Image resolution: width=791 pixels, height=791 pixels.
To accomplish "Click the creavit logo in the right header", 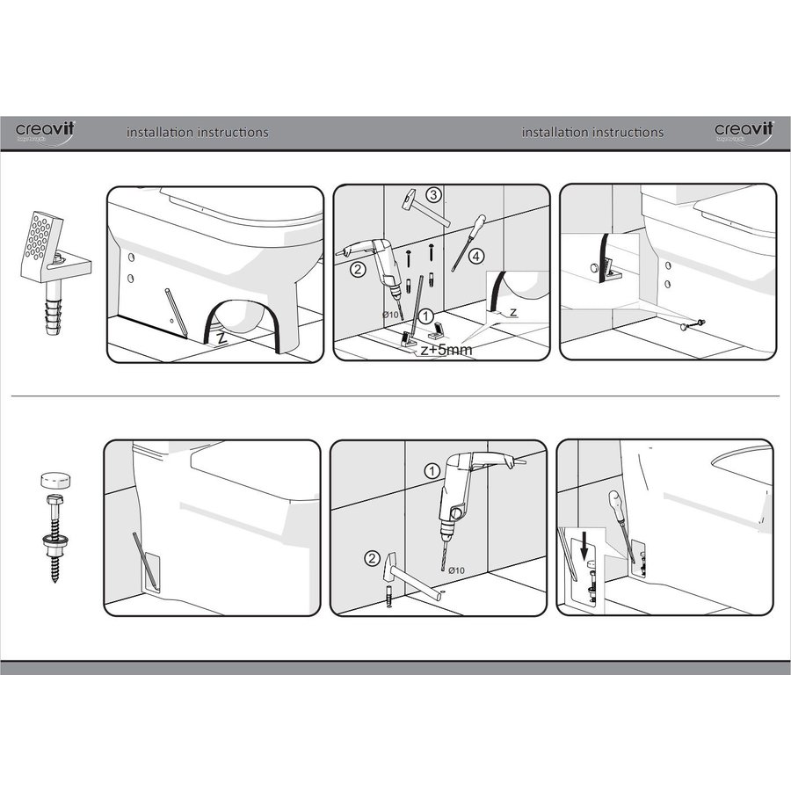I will tap(743, 131).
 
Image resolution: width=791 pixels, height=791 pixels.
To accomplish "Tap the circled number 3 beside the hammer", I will tap(433, 194).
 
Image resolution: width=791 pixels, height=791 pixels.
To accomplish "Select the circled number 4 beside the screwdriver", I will tap(475, 257).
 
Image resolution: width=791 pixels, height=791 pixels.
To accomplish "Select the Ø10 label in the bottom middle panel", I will tap(457, 571).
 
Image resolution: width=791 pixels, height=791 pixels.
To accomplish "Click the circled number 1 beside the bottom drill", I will tap(432, 470).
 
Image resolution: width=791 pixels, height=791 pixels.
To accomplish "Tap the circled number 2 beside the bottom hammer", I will tap(373, 557).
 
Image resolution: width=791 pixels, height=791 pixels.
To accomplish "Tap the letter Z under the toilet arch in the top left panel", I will tap(221, 337).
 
